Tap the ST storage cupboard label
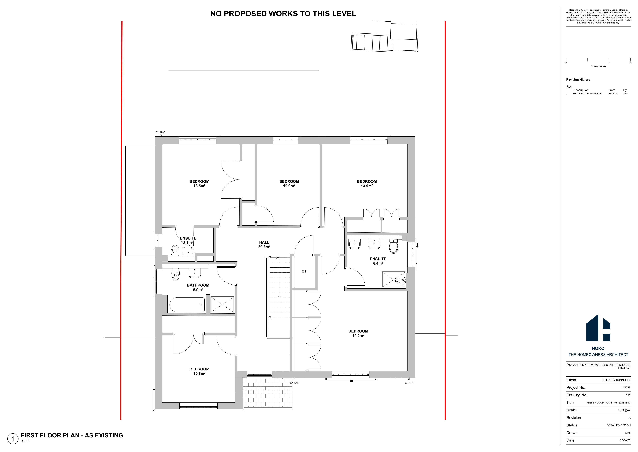(x=304, y=271)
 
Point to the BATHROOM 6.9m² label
(x=198, y=287)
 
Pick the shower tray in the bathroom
(x=222, y=305)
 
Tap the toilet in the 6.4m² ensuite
(x=393, y=246)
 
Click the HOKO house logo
(x=598, y=328)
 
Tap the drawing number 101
(x=628, y=395)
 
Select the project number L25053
(x=626, y=387)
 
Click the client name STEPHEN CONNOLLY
(x=616, y=380)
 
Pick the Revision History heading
(x=578, y=80)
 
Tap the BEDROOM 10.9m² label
(x=289, y=184)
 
